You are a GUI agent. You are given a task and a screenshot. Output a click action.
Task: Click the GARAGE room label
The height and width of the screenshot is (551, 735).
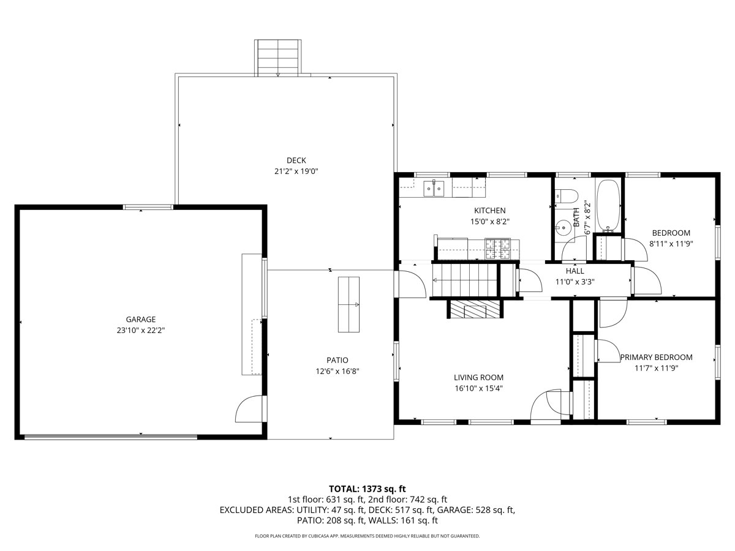pyautogui.click(x=140, y=319)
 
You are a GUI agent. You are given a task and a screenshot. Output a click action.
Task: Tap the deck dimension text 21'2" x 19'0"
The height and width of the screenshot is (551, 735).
pyautogui.click(x=296, y=171)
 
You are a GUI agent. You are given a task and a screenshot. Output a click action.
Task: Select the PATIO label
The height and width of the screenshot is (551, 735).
pyautogui.click(x=337, y=360)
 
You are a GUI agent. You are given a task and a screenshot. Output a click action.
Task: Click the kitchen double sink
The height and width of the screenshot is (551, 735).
pyautogui.click(x=434, y=189)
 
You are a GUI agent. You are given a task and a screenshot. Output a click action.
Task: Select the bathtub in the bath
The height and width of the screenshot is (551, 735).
pyautogui.click(x=608, y=205)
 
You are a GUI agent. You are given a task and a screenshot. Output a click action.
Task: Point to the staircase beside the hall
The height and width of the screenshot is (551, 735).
pyautogui.click(x=464, y=279)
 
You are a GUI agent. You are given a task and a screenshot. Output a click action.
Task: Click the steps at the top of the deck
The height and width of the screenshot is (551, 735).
pyautogui.click(x=278, y=57)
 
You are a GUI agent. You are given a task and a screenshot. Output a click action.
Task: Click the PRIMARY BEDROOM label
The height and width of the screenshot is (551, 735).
pyautogui.click(x=656, y=357)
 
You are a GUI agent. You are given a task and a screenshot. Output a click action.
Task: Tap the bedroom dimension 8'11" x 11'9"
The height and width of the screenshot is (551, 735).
pyautogui.click(x=671, y=244)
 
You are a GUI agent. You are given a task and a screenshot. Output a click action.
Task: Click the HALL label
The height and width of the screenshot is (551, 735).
pyautogui.click(x=575, y=271)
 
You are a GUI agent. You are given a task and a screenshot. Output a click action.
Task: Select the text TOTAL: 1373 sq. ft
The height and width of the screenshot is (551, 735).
pyautogui.click(x=367, y=489)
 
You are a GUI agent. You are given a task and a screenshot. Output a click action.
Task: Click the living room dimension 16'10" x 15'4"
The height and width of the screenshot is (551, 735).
pyautogui.click(x=478, y=388)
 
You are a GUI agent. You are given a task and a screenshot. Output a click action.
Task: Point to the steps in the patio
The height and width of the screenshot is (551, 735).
pyautogui.click(x=349, y=304)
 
